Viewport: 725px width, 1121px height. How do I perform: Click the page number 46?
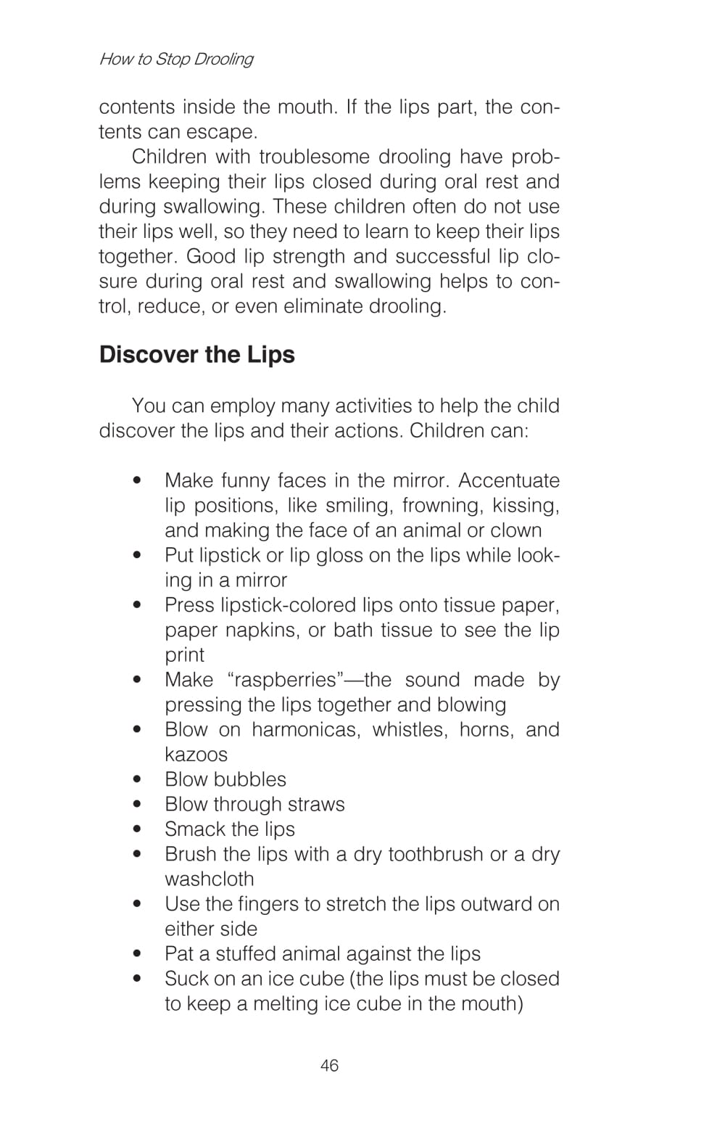pyautogui.click(x=329, y=1065)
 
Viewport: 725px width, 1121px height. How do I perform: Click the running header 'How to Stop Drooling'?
pyautogui.click(x=176, y=59)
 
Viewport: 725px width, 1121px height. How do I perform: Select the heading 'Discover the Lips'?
pyautogui.click(x=197, y=354)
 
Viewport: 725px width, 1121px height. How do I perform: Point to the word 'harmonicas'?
pyautogui.click(x=304, y=729)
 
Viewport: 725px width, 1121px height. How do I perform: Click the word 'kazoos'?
pyautogui.click(x=196, y=755)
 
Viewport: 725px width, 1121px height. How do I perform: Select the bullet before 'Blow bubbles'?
pyautogui.click(x=137, y=780)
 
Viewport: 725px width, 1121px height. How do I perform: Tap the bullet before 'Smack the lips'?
pyautogui.click(x=137, y=829)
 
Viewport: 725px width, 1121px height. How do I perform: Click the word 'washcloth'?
pyautogui.click(x=210, y=879)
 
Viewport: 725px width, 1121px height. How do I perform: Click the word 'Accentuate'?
pyautogui.click(x=509, y=480)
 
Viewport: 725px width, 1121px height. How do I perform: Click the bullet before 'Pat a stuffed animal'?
pyautogui.click(x=137, y=954)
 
